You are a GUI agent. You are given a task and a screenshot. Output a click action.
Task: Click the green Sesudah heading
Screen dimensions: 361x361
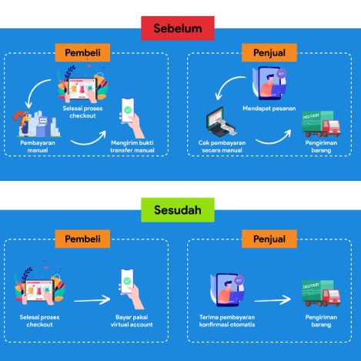(x=181, y=209)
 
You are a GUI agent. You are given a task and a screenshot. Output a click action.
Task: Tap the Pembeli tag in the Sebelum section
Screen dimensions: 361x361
(x=82, y=53)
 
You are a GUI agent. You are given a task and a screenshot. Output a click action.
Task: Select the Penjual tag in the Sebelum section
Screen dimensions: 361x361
(x=264, y=53)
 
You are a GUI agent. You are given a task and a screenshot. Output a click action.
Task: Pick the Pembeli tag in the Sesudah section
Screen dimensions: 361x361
(x=82, y=239)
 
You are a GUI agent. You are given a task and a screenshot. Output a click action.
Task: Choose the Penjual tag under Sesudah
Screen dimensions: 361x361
(x=264, y=239)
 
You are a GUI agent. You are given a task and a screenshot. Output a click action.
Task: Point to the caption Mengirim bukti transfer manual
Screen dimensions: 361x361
(x=128, y=146)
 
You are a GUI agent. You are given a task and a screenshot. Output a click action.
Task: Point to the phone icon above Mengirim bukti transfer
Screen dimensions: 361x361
(x=129, y=116)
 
